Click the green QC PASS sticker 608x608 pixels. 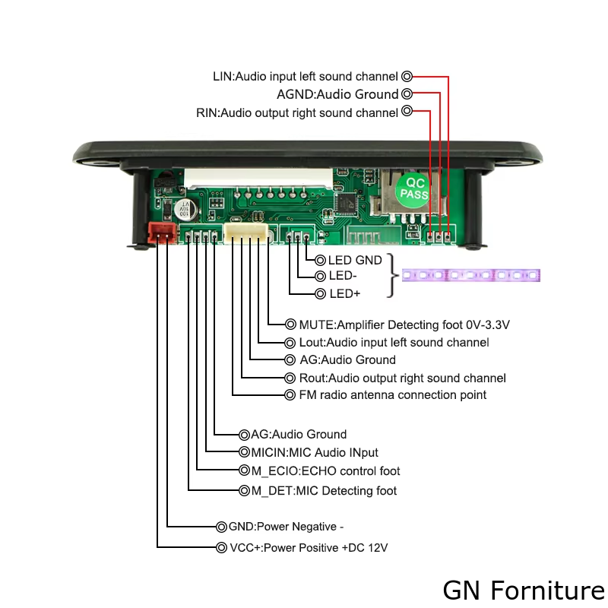(x=414, y=188)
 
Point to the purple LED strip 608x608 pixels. (x=470, y=275)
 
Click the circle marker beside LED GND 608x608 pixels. (x=320, y=260)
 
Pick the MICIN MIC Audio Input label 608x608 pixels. (x=315, y=452)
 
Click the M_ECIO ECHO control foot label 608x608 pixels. (x=325, y=471)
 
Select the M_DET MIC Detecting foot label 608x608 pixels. (x=324, y=491)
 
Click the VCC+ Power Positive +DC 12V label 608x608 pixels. (x=309, y=548)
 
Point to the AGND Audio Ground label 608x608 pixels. (x=337, y=94)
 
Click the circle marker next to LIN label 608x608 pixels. (x=407, y=76)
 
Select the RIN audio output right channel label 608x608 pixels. (x=297, y=112)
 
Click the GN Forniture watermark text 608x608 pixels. (x=524, y=590)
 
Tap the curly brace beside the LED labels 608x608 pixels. (x=393, y=276)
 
